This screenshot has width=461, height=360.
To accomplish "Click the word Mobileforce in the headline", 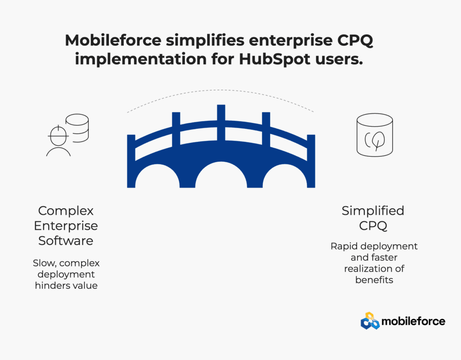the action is tap(113, 40).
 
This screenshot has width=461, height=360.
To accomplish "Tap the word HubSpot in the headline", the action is tap(275, 59).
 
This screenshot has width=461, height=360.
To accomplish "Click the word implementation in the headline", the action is tap(141, 59).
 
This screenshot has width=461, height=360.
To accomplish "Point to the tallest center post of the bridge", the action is tap(221, 122).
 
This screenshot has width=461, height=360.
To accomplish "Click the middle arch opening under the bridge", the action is tap(221, 176).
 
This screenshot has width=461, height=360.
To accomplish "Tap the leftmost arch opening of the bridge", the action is tap(157, 177).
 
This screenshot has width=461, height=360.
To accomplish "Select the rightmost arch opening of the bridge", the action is tap(285, 177).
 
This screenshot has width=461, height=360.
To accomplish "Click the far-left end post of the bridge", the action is tap(131, 161).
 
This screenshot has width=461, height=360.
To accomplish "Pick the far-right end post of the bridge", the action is tap(311, 161).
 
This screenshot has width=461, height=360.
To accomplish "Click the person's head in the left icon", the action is tap(58, 136).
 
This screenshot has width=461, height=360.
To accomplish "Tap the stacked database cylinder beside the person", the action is tap(77, 128).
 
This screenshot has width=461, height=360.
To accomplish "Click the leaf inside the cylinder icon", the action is tap(378, 140).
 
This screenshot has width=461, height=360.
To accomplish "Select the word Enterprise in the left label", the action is tap(66, 226).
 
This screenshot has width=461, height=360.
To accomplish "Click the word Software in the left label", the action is tap(66, 241).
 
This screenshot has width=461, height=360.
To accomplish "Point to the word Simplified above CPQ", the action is tap(373, 211).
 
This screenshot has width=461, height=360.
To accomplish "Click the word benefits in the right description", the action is tap(374, 280).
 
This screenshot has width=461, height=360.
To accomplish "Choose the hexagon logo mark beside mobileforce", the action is tap(370, 321).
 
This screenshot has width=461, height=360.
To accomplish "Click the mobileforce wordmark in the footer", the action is tap(413, 321).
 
